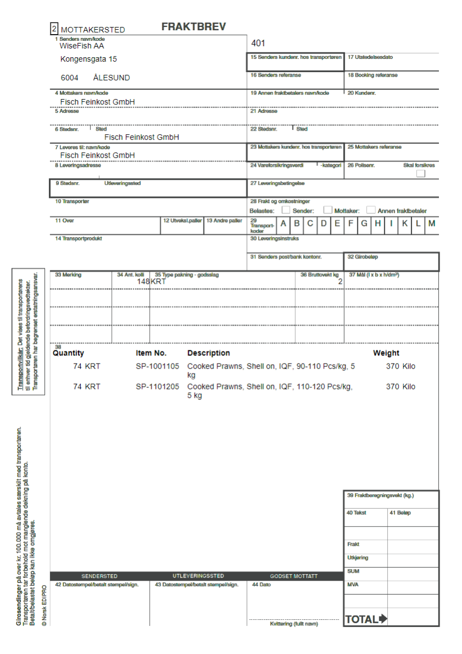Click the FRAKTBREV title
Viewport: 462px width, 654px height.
194,27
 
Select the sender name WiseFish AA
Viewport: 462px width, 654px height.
82,46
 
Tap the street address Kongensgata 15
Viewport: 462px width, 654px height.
89,59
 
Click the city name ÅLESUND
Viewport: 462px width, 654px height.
112,78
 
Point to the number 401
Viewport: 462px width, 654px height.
258,43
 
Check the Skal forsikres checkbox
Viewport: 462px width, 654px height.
421,174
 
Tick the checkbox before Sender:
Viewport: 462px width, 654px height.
286,210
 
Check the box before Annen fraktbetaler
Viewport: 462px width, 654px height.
371,210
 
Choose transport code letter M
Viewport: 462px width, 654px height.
432,223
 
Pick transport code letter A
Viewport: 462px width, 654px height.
283,223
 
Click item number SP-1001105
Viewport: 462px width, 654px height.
158,366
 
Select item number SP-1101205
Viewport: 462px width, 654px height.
158,387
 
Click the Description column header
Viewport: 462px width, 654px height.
208,353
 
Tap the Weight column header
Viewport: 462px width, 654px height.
386,353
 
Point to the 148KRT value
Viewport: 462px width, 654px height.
151,282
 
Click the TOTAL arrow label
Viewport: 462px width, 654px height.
366,619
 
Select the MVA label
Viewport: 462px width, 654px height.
353,585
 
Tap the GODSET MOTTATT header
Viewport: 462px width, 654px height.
294,576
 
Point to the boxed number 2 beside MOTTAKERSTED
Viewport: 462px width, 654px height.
54,29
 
